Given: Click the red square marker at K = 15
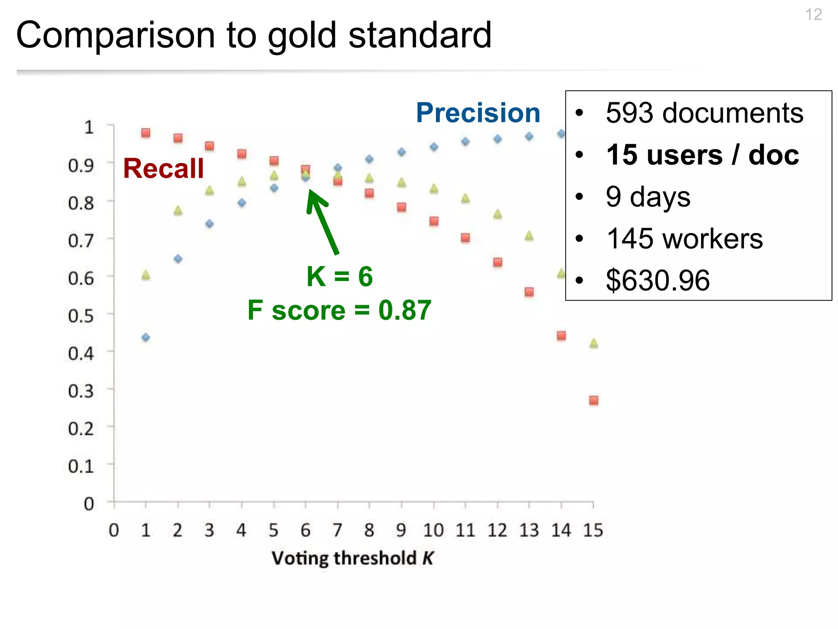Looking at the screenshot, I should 593,400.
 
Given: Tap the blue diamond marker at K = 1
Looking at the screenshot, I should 146,337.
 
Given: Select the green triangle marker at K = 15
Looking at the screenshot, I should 593,344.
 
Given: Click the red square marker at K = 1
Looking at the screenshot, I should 146,133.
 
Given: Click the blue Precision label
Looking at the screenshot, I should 478,113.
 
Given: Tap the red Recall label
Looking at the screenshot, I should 163,168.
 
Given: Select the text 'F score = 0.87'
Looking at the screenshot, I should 339,310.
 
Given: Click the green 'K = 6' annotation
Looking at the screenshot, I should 339,276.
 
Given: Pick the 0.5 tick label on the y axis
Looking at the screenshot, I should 81,316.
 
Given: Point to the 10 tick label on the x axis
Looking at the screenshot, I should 433,530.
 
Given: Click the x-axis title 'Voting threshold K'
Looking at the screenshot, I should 352,558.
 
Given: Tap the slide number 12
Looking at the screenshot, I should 813,15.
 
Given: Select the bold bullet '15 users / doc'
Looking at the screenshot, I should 702,155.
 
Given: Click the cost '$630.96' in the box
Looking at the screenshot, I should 658,281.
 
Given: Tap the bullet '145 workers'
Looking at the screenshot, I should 684,238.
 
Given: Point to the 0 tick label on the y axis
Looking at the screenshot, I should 89,504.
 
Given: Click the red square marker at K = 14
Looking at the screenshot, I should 561,336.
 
